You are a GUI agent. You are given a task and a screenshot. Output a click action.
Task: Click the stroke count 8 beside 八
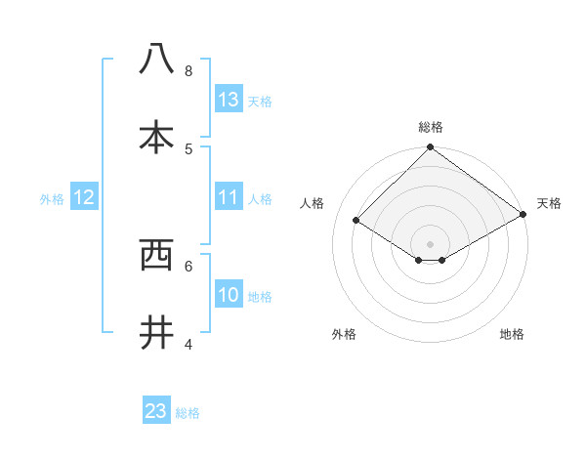(x=188, y=71)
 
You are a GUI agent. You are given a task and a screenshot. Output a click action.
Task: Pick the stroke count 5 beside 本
(x=188, y=148)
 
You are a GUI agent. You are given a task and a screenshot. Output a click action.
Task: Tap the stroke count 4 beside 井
(x=188, y=344)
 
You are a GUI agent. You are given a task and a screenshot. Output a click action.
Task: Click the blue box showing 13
(x=229, y=100)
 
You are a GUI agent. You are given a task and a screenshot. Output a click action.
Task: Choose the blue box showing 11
(x=229, y=197)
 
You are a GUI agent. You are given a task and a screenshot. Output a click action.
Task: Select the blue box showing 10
(x=229, y=295)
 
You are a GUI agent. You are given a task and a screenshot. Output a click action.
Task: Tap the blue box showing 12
(x=84, y=197)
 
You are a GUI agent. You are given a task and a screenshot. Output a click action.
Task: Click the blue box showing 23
(x=156, y=411)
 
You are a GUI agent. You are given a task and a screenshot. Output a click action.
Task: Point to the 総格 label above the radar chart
(x=431, y=127)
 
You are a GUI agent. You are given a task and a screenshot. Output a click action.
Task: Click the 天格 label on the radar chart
(x=549, y=203)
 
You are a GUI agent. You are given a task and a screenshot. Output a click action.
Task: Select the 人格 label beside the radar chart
(x=313, y=203)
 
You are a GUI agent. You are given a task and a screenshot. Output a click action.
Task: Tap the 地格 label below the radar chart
(x=512, y=335)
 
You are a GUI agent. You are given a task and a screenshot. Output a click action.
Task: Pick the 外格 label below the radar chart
(x=344, y=335)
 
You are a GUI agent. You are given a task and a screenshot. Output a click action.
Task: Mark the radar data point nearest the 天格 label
(x=523, y=215)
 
